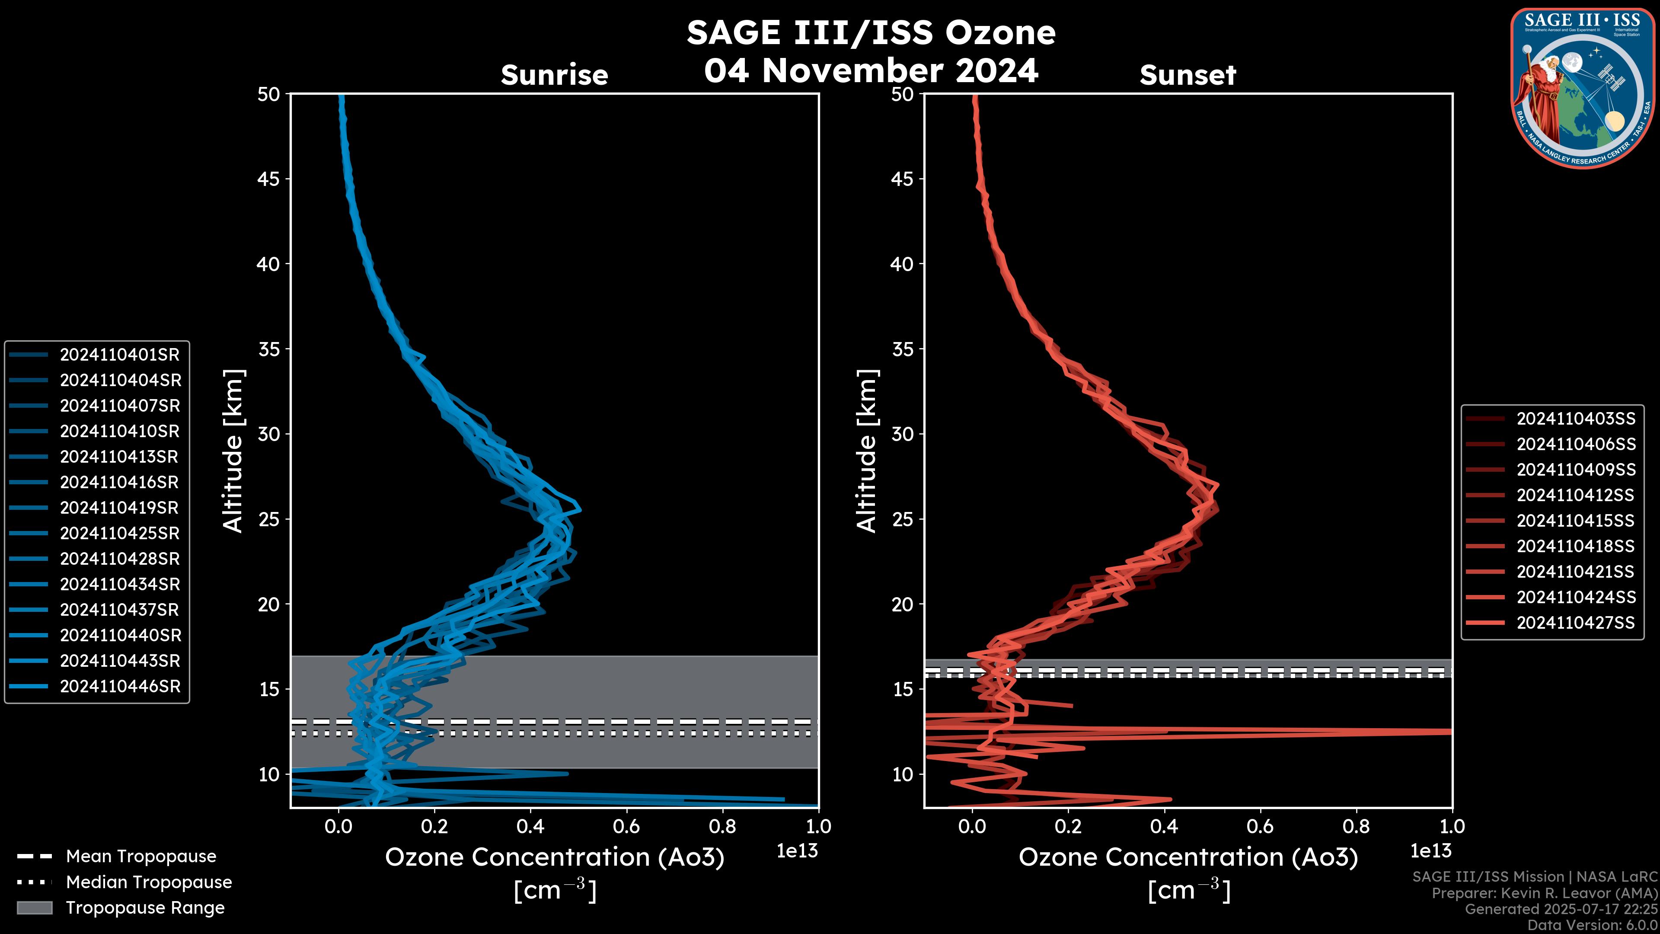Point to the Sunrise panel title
[x=554, y=75]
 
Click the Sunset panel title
[x=1188, y=75]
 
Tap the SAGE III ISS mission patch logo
[x=1582, y=88]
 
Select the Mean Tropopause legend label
[x=140, y=856]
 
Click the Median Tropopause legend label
[x=148, y=882]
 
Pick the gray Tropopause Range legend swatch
[x=34, y=908]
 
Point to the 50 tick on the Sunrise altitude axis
[x=269, y=94]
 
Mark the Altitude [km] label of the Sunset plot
[x=867, y=451]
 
